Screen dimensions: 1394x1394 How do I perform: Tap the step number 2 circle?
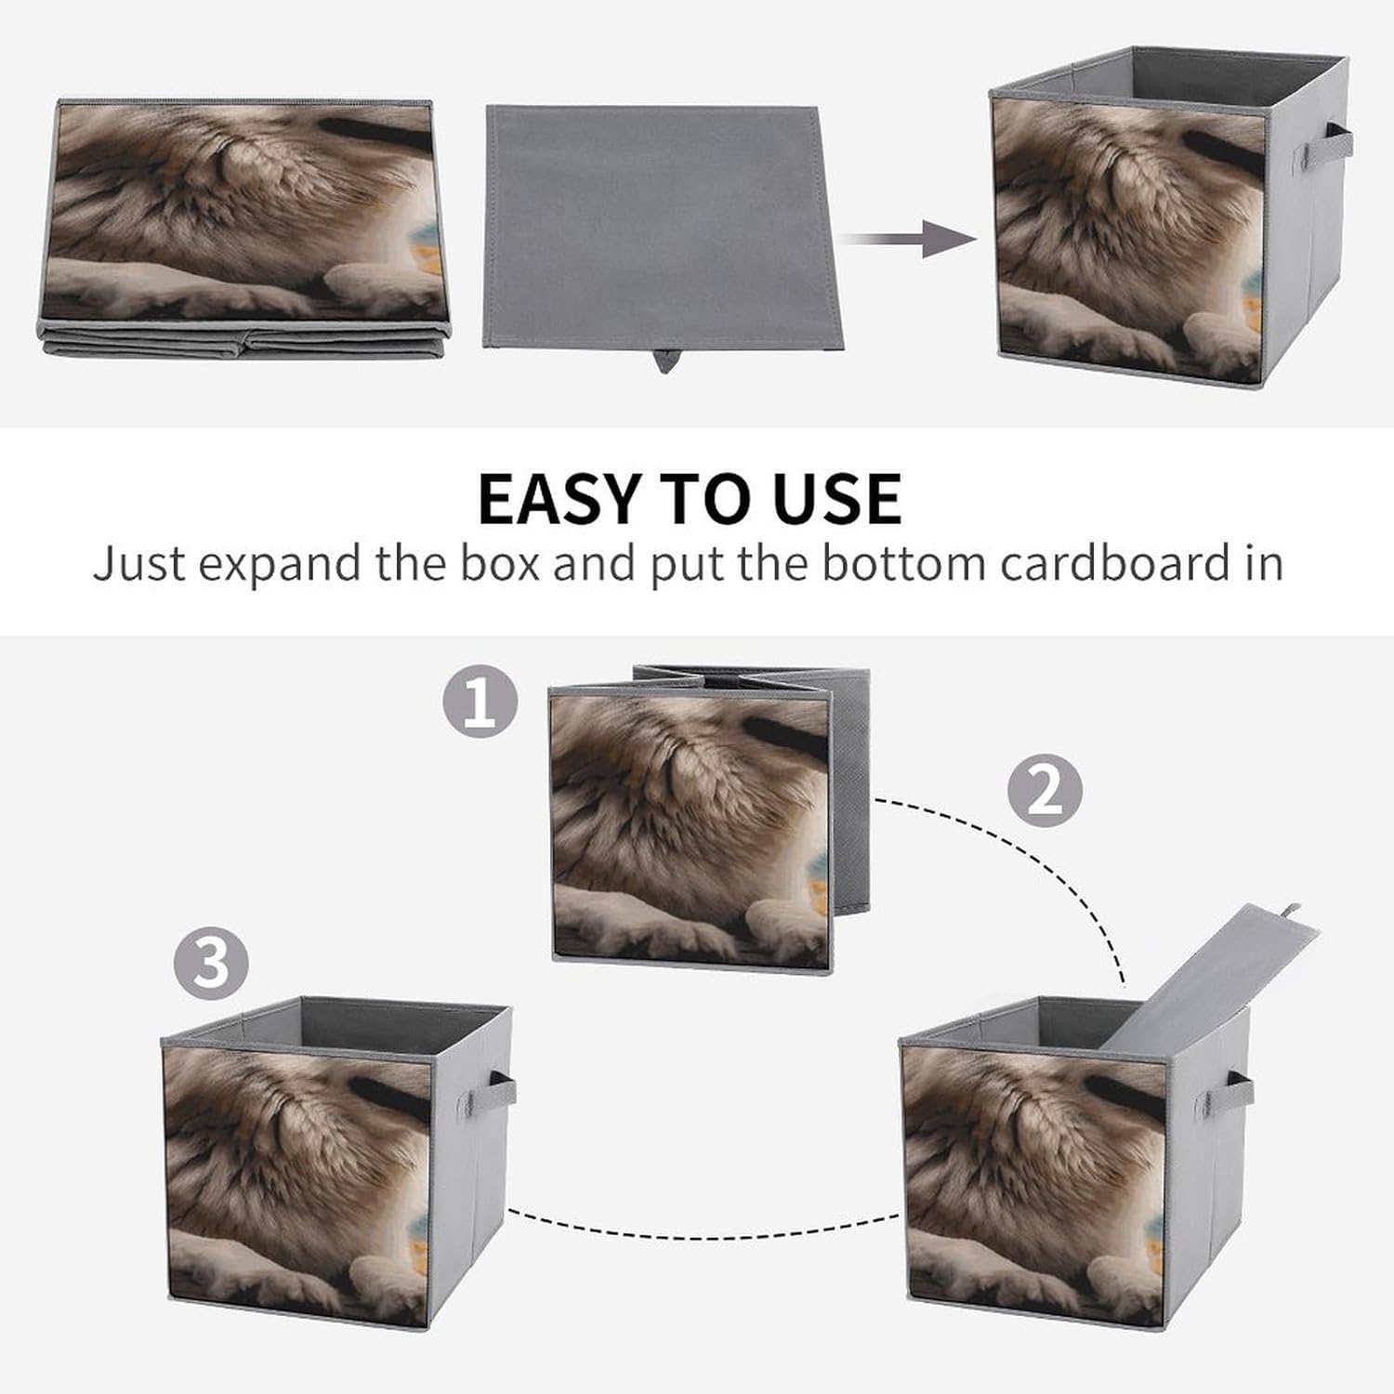pyautogui.click(x=1045, y=790)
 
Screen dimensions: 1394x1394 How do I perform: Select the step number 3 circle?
pyautogui.click(x=212, y=962)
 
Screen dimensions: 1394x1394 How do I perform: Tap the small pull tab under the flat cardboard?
pyautogui.click(x=665, y=361)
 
